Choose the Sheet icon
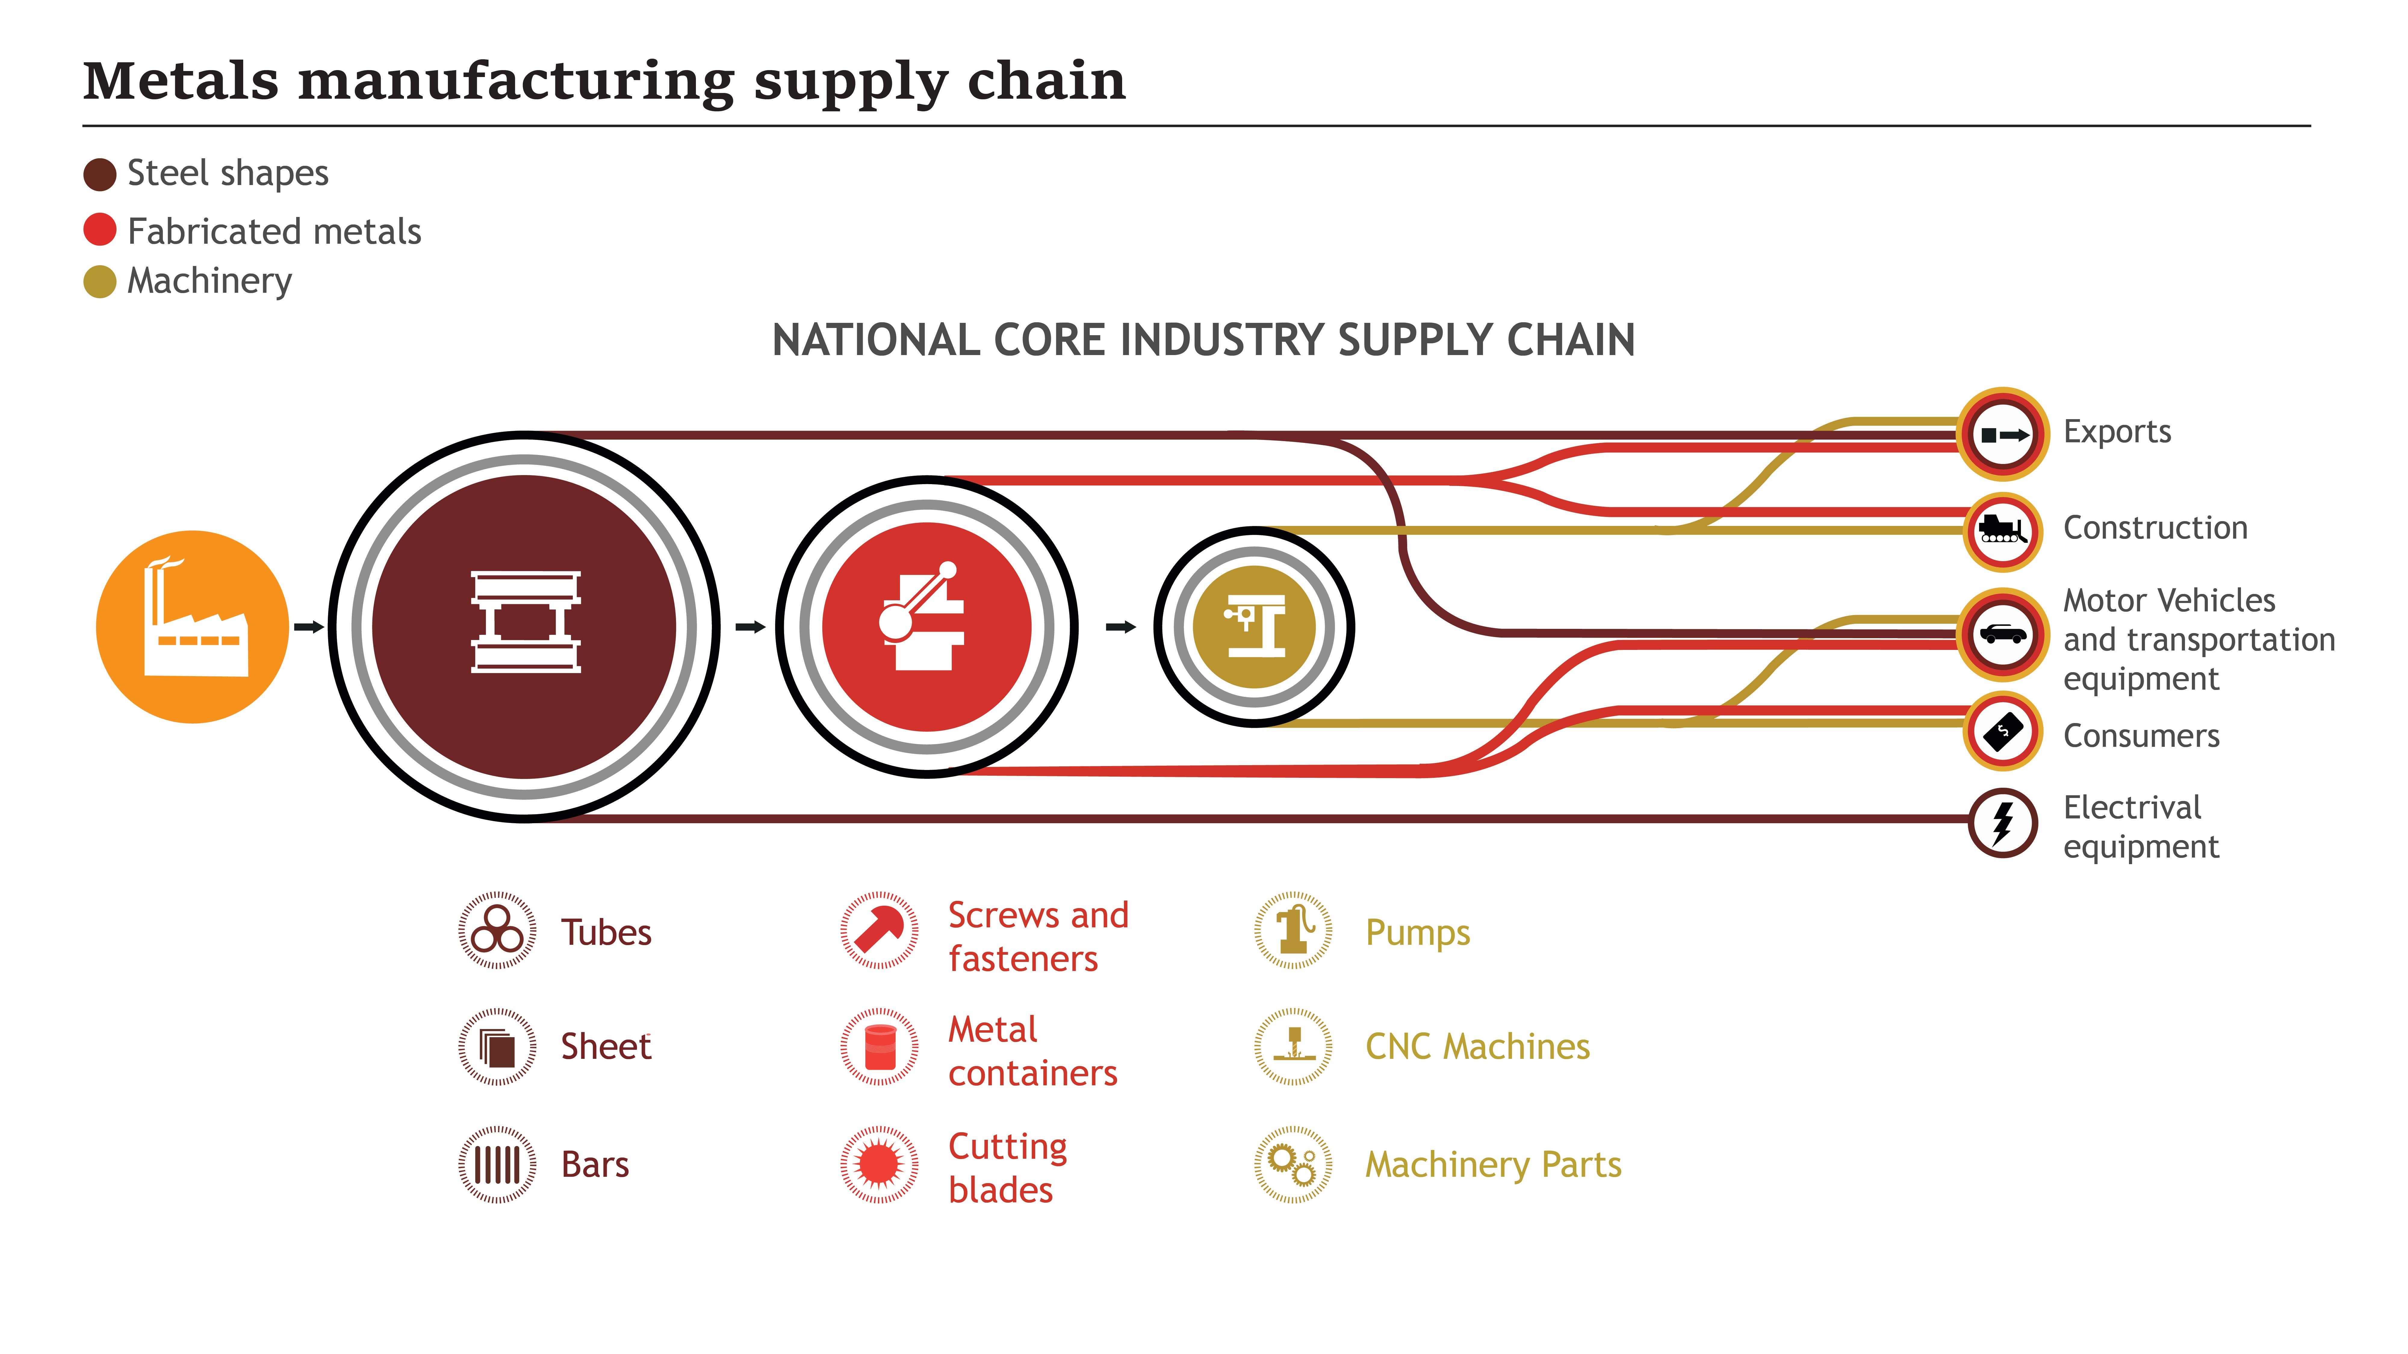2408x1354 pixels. [497, 1046]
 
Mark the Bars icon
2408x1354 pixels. [497, 1164]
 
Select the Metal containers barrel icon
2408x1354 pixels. [879, 1046]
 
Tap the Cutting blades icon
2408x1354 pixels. [879, 1164]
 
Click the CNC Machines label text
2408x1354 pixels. [1477, 1046]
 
